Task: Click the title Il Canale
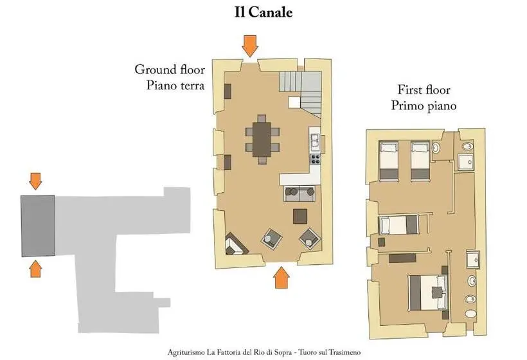(263, 12)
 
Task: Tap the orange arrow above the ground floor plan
(250, 46)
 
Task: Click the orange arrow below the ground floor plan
(281, 278)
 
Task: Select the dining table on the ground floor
(262, 139)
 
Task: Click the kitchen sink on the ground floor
(316, 140)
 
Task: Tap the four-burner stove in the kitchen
(316, 159)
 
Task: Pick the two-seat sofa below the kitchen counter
(299, 194)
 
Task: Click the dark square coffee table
(300, 217)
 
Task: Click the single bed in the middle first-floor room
(398, 225)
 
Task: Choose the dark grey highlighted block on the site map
(38, 226)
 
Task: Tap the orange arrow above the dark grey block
(35, 181)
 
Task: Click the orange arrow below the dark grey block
(35, 269)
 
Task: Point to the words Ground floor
(170, 69)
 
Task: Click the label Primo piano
(424, 105)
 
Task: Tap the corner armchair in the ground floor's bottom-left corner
(236, 244)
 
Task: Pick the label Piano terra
(175, 85)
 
